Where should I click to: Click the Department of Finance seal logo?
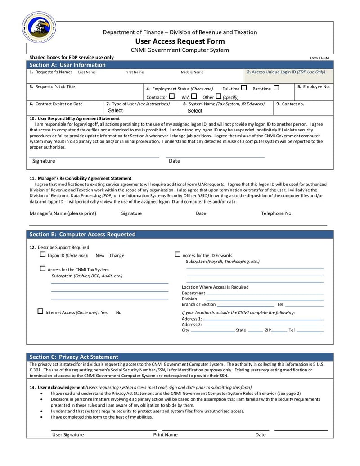(39, 27)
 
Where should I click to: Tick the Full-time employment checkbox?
(244, 88)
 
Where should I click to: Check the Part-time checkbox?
(276, 88)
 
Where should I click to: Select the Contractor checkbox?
(171, 96)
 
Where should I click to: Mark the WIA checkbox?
(193, 96)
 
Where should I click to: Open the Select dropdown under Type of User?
(116, 110)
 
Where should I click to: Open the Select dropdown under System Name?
(195, 110)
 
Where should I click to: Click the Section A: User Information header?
(67, 65)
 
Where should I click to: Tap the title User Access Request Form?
(180, 41)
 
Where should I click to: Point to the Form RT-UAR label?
(319, 58)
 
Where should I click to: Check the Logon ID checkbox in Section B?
(43, 254)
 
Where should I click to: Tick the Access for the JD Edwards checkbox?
(177, 254)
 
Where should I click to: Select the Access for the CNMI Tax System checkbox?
(43, 269)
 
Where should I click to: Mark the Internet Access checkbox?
(40, 311)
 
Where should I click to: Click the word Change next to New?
(117, 255)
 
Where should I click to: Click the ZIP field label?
(268, 330)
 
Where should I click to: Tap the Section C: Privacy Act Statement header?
(74, 357)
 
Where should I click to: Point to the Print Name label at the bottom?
(165, 434)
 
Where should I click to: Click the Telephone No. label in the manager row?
(277, 213)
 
